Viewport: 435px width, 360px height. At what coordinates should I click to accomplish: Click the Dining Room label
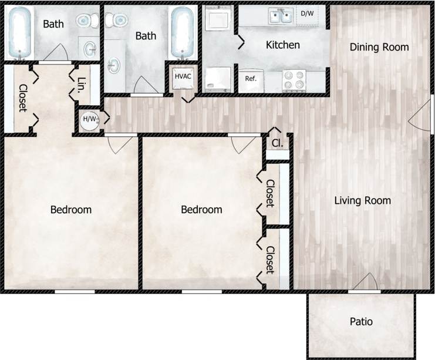click(379, 47)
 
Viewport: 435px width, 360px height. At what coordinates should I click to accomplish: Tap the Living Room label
click(362, 201)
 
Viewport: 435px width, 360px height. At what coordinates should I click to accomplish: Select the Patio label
click(361, 322)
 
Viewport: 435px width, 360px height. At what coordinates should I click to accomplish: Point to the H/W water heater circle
click(90, 119)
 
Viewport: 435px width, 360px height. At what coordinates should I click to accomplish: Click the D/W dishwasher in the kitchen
click(307, 14)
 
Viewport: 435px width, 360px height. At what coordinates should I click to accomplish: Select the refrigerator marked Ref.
click(251, 79)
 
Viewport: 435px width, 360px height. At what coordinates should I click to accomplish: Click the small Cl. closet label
click(276, 143)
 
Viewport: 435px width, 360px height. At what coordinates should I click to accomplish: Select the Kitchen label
click(283, 45)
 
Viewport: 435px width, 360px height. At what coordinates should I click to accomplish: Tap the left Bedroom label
click(70, 210)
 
